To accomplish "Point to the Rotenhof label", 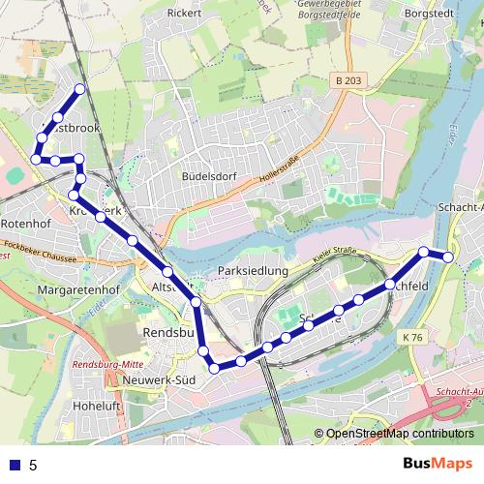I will point(25,224).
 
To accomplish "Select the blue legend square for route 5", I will point(15,465).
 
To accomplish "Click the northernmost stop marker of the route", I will point(79,89).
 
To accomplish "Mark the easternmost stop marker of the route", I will point(448,257).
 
